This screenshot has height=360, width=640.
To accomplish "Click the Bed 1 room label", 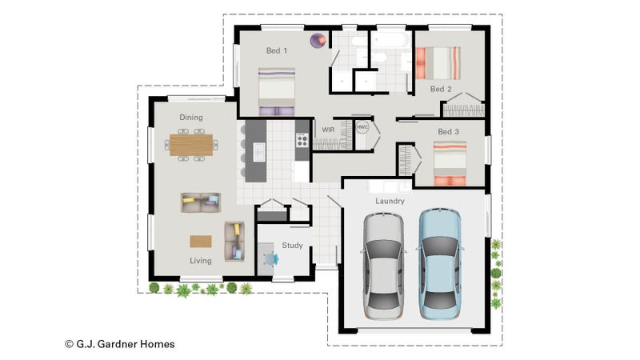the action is coord(277,50).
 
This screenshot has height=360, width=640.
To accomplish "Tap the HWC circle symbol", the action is coord(362,127).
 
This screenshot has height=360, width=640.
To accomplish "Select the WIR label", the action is coord(328,130).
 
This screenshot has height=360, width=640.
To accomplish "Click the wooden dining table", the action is coord(191,145).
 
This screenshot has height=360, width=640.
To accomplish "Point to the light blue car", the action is coord(441,264).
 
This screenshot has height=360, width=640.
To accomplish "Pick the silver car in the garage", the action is coord(383,266).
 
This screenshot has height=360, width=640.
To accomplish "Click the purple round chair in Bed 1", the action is coord(318,41).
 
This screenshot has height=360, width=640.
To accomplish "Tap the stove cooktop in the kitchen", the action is coord(302,141).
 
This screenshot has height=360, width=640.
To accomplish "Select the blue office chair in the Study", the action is coord(270,258).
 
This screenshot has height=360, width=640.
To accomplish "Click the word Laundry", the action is coord(390,201).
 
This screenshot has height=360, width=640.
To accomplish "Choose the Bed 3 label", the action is coord(448,131).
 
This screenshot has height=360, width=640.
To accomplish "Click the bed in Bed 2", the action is coord(438,63).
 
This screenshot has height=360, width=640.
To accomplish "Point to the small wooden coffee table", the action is coord(201,242).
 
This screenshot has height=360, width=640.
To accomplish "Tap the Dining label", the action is coord(191,118).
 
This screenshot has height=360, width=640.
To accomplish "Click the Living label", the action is coord(201,261).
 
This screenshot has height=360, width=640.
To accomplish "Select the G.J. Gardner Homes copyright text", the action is coord(120,344).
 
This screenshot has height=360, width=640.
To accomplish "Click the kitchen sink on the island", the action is coord(259,152).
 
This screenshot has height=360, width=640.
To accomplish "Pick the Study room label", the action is coord(292,246).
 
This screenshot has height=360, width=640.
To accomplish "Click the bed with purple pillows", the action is coord(277,92).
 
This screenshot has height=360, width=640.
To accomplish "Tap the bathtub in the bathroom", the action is coord(390,41).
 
